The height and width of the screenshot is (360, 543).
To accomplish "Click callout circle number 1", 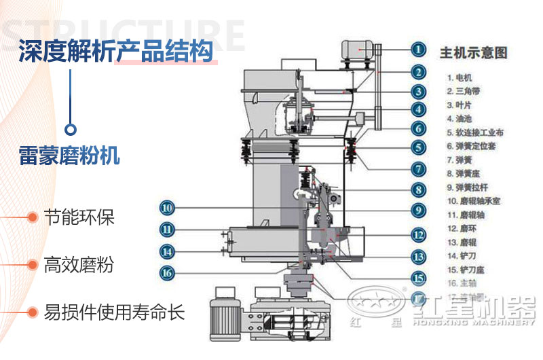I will (x=419, y=49).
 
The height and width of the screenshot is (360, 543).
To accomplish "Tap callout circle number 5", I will (x=419, y=147).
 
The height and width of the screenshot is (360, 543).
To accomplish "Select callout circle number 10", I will (x=168, y=208).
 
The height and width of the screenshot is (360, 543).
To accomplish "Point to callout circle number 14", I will (x=168, y=251).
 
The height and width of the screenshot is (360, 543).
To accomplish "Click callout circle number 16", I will (x=168, y=273).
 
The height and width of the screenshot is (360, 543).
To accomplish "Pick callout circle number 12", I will (x=419, y=234).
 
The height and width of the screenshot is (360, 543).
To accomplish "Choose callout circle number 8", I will (x=419, y=191).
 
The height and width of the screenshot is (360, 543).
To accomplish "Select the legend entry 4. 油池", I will (x=459, y=119).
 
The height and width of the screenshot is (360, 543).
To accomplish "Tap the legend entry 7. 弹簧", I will (x=459, y=160).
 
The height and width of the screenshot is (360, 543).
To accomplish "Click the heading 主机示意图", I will (x=474, y=52).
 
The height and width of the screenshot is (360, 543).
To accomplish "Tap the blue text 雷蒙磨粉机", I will (x=69, y=155).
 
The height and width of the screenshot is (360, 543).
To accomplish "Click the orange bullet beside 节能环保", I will (x=31, y=217).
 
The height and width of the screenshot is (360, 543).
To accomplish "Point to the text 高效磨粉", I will (x=78, y=265).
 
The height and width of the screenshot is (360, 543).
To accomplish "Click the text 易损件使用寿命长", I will (x=113, y=312).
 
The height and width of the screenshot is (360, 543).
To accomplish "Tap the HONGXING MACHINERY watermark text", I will (x=468, y=329).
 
